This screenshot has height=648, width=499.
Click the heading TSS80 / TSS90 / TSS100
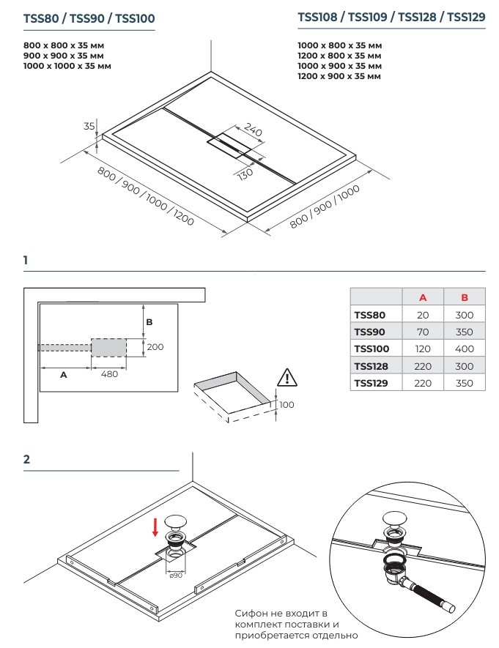click(89, 18)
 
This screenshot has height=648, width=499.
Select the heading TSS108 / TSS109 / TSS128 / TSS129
click(391, 18)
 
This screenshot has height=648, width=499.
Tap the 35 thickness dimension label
click(89, 126)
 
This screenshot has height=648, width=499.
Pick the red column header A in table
click(423, 297)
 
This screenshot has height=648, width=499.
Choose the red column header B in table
click(464, 297)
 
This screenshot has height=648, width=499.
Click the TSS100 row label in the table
click(372, 349)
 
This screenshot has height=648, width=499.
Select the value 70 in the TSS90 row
click(423, 332)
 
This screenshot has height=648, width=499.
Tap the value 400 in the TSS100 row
click(464, 349)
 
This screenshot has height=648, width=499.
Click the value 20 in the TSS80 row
click(423, 315)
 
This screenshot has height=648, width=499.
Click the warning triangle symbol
click(287, 378)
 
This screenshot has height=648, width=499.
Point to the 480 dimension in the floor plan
click(108, 373)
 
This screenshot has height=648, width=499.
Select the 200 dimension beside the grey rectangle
click(155, 347)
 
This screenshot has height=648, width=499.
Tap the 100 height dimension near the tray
click(286, 404)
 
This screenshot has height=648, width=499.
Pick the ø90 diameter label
click(175, 575)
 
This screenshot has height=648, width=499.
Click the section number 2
click(27, 460)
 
